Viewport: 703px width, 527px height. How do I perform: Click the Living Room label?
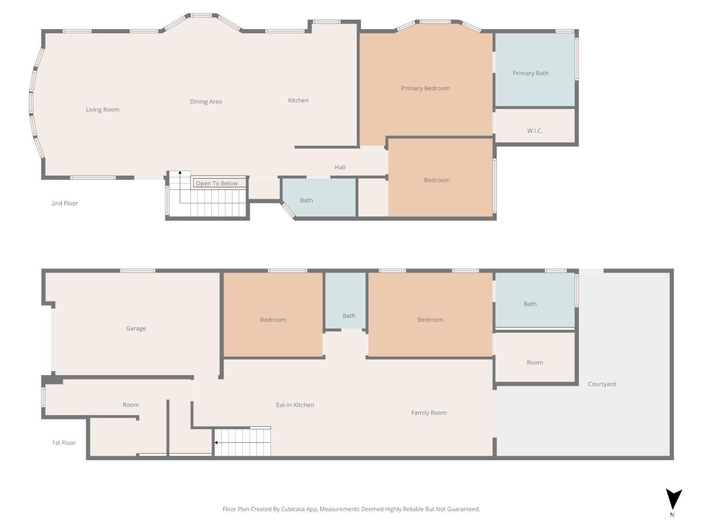103,110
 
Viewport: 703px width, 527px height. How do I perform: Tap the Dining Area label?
206,102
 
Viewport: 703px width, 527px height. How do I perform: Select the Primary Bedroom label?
426,89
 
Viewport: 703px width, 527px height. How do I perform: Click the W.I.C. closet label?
535,131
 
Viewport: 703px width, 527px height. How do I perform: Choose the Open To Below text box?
219,183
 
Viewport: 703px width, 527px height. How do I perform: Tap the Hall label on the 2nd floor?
340,167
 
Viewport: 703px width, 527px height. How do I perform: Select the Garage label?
136,328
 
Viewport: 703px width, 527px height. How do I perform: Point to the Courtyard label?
601,384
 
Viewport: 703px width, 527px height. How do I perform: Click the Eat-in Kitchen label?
295,405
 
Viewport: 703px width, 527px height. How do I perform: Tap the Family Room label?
429,413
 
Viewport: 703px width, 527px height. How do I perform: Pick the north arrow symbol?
673,499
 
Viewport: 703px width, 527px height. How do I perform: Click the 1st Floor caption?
64,443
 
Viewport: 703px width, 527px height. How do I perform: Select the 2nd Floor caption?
65,203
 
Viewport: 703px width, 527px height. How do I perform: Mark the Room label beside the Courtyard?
535,363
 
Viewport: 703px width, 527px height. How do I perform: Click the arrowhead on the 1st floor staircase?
216,443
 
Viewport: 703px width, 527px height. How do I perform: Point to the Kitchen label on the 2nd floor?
298,100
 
